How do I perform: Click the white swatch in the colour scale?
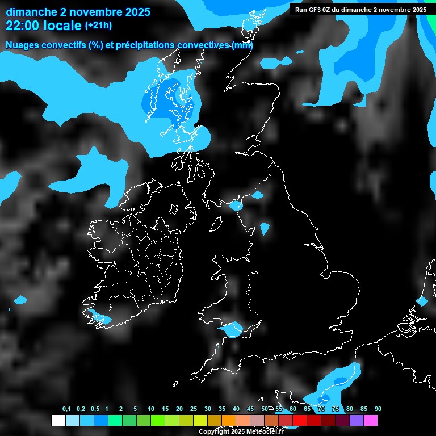pyautogui.click(x=58, y=421)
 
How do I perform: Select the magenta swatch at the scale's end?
pyautogui.click(x=371, y=421)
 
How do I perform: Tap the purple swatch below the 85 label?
pyautogui.click(x=357, y=421)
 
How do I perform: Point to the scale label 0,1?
pyautogui.click(x=66, y=409)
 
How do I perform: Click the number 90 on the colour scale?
pyautogui.click(x=378, y=409)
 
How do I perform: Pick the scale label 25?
pyautogui.click(x=194, y=409)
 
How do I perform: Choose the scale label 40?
pyautogui.click(x=236, y=409)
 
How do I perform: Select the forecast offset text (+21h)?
pyautogui.click(x=98, y=26)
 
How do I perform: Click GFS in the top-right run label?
pyautogui.click(x=315, y=10)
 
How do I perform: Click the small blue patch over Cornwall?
pyautogui.click(x=233, y=329)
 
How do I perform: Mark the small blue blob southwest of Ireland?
pyautogui.click(x=21, y=300)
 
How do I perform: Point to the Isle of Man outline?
pyautogui.click(x=216, y=225)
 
